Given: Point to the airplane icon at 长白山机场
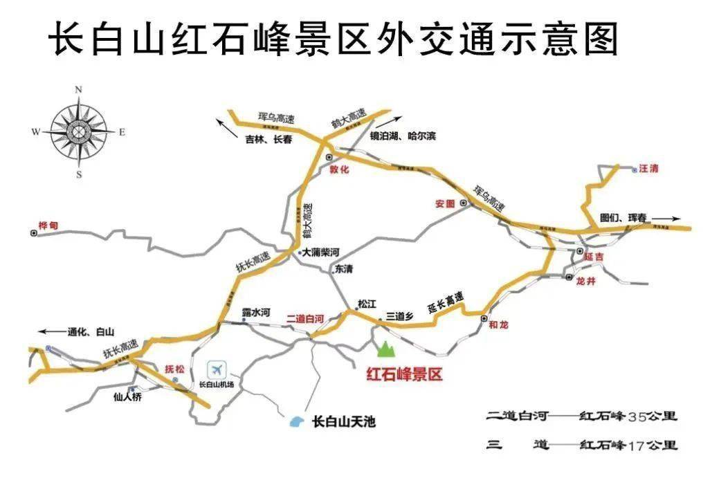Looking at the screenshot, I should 218,369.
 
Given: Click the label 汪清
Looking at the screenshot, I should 648,168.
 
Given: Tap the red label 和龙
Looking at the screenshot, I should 498,324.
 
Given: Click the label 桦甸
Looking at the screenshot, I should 49,226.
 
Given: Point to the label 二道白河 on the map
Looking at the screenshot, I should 305,319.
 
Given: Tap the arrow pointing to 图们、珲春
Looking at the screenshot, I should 666,219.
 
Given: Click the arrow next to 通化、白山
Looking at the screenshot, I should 51,331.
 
